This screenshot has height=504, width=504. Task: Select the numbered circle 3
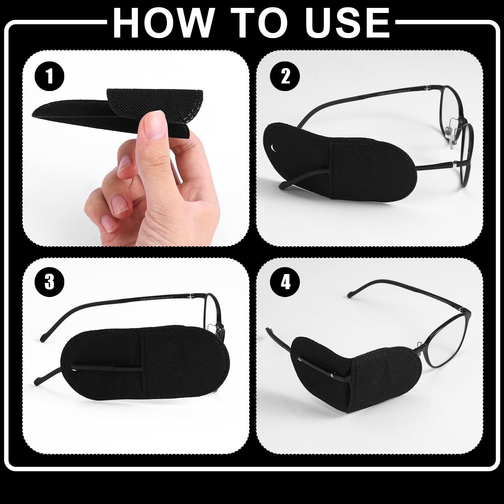[49, 282]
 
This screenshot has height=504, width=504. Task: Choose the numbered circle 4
[285, 282]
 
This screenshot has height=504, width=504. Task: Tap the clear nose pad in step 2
[453, 130]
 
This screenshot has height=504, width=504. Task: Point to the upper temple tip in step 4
[351, 295]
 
